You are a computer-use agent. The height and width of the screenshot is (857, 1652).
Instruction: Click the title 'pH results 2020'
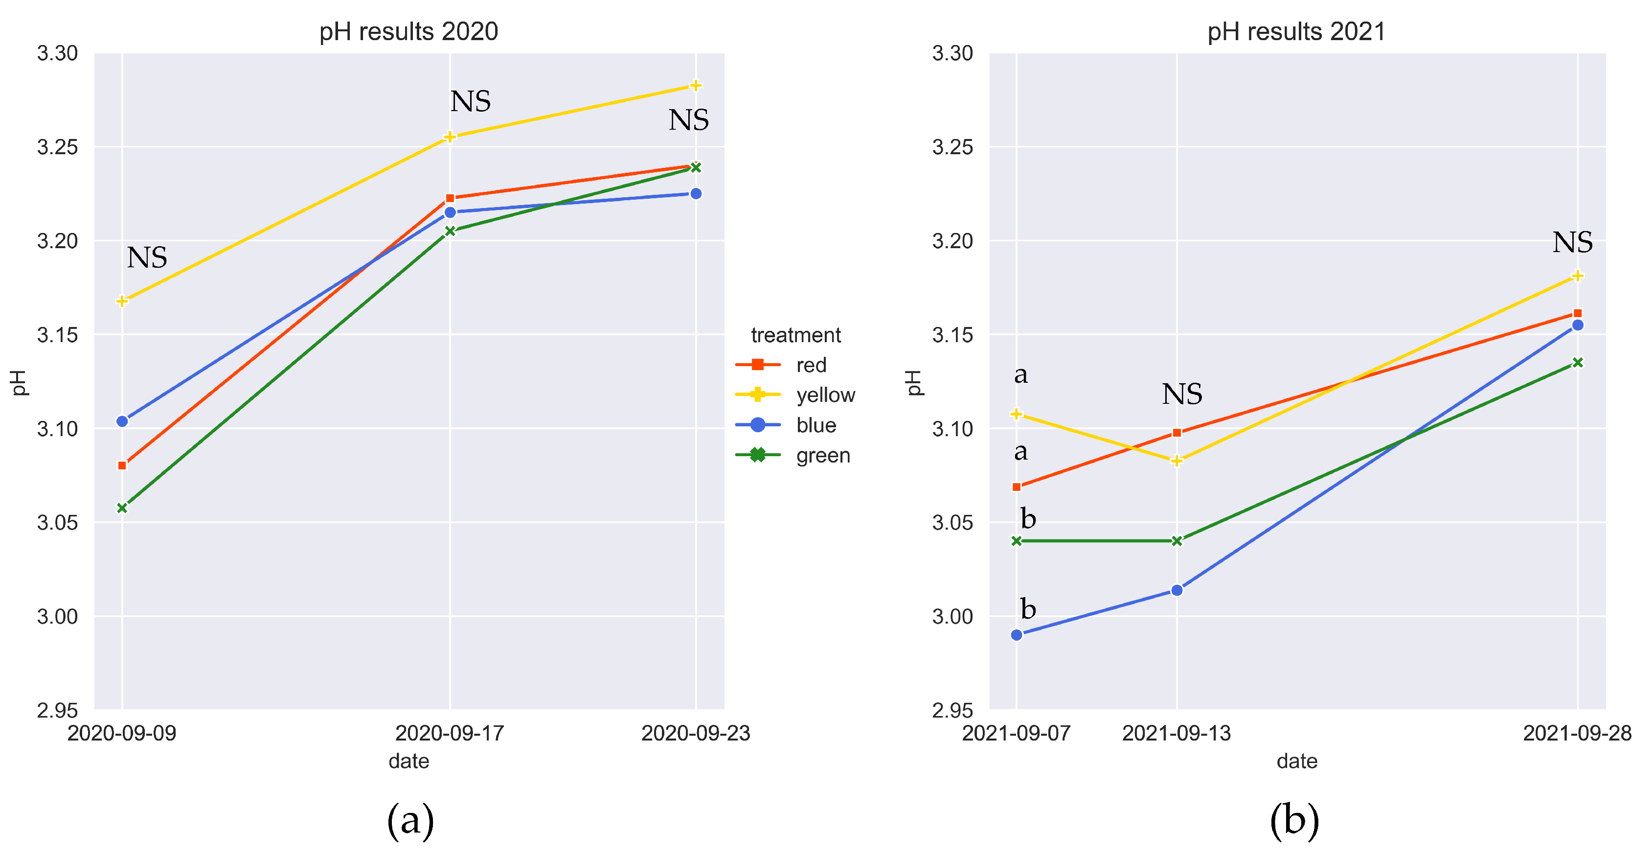click(x=408, y=31)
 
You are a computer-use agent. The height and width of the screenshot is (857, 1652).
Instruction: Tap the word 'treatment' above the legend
click(x=795, y=335)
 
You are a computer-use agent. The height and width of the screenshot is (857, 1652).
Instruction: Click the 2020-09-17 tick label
click(x=450, y=733)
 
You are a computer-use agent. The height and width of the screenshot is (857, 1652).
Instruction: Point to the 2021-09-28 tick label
click(x=1577, y=733)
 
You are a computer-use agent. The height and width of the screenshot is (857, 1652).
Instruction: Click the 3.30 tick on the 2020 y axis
click(x=57, y=53)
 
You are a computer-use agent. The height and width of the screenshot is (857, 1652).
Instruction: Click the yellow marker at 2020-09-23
click(x=696, y=85)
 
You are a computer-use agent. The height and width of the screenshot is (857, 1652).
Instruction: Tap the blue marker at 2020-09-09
click(x=122, y=421)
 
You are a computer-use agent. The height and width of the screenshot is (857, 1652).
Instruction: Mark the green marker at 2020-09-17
click(x=450, y=231)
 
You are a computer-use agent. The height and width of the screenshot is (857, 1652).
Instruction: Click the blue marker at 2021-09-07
click(x=1017, y=635)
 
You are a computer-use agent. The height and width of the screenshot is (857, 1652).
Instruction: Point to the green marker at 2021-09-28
click(x=1578, y=363)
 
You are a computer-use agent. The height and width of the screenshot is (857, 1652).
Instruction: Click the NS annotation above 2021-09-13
click(x=1182, y=394)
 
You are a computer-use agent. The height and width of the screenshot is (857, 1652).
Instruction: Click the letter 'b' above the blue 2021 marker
click(x=1028, y=609)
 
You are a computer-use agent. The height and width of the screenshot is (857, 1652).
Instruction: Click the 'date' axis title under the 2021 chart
click(x=1297, y=762)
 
